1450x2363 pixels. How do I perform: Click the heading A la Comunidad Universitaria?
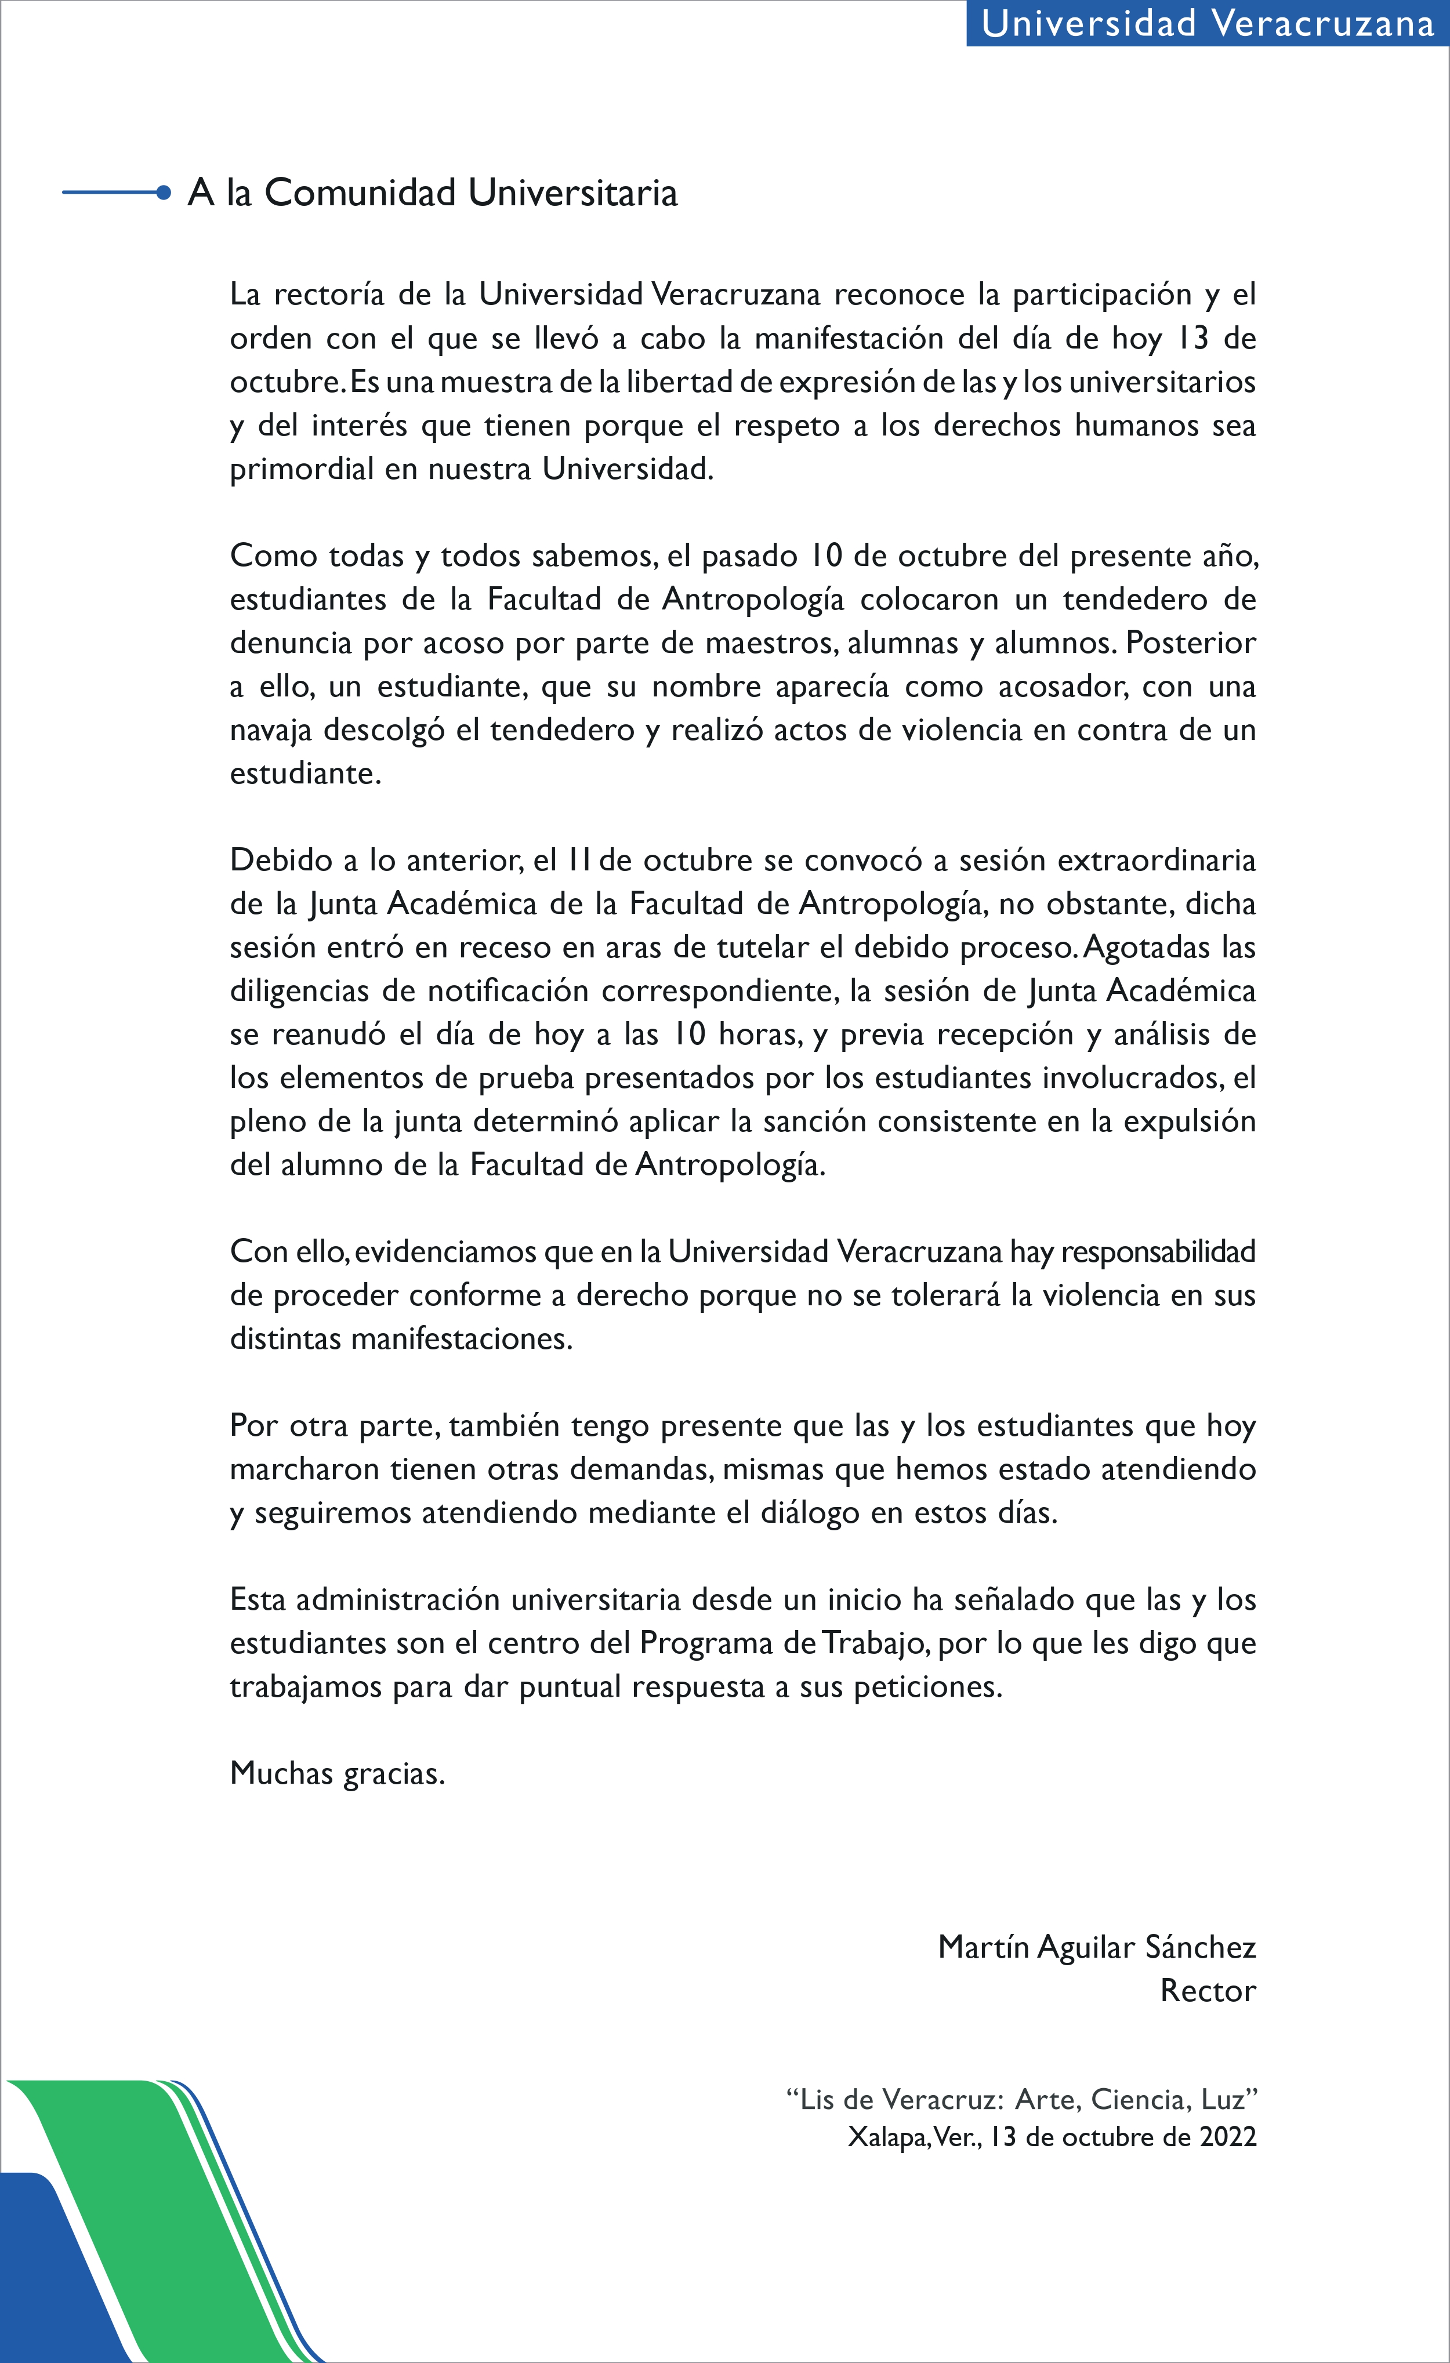(x=433, y=193)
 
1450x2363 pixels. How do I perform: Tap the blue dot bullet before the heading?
(x=164, y=193)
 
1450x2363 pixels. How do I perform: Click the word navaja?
(x=270, y=731)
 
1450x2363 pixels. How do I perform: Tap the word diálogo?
(x=810, y=1513)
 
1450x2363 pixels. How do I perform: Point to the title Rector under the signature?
(x=1208, y=1991)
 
